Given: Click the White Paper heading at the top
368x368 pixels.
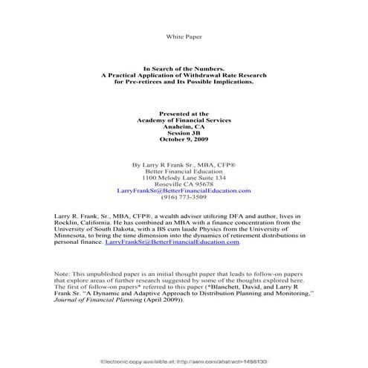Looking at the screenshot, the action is [x=184, y=36].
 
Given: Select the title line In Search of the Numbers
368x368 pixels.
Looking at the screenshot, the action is [x=184, y=68].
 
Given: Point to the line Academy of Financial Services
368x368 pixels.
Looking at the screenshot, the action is [x=184, y=120].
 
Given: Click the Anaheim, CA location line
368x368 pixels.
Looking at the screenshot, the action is [x=184, y=126].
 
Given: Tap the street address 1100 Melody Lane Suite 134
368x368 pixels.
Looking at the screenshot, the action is [x=184, y=178].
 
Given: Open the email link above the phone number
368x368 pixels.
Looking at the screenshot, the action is [x=184, y=191].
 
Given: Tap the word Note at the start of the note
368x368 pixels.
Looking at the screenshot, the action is [x=62, y=274].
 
